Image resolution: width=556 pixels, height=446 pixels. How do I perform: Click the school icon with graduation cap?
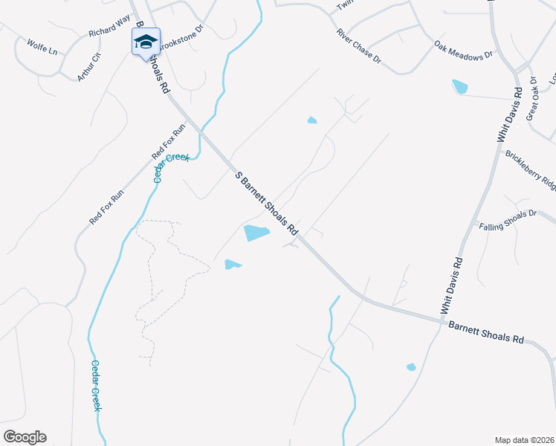point(146,42)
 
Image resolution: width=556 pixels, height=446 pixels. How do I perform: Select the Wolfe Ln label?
point(42,46)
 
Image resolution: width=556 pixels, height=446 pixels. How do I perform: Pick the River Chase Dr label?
point(358,46)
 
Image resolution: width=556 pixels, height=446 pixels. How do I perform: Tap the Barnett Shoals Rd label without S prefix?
point(486,332)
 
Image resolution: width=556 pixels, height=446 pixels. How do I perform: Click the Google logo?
point(25,437)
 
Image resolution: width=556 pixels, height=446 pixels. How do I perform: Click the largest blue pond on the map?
point(256,233)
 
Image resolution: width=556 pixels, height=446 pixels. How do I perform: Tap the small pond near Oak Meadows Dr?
point(460,87)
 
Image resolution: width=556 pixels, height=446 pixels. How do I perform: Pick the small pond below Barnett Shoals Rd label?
point(410,366)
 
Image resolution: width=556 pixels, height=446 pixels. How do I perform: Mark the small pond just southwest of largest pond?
point(233,265)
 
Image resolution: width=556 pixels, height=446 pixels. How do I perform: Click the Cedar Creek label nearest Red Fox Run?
point(172,167)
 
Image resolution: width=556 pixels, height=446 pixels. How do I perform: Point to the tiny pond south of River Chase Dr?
point(312,120)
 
